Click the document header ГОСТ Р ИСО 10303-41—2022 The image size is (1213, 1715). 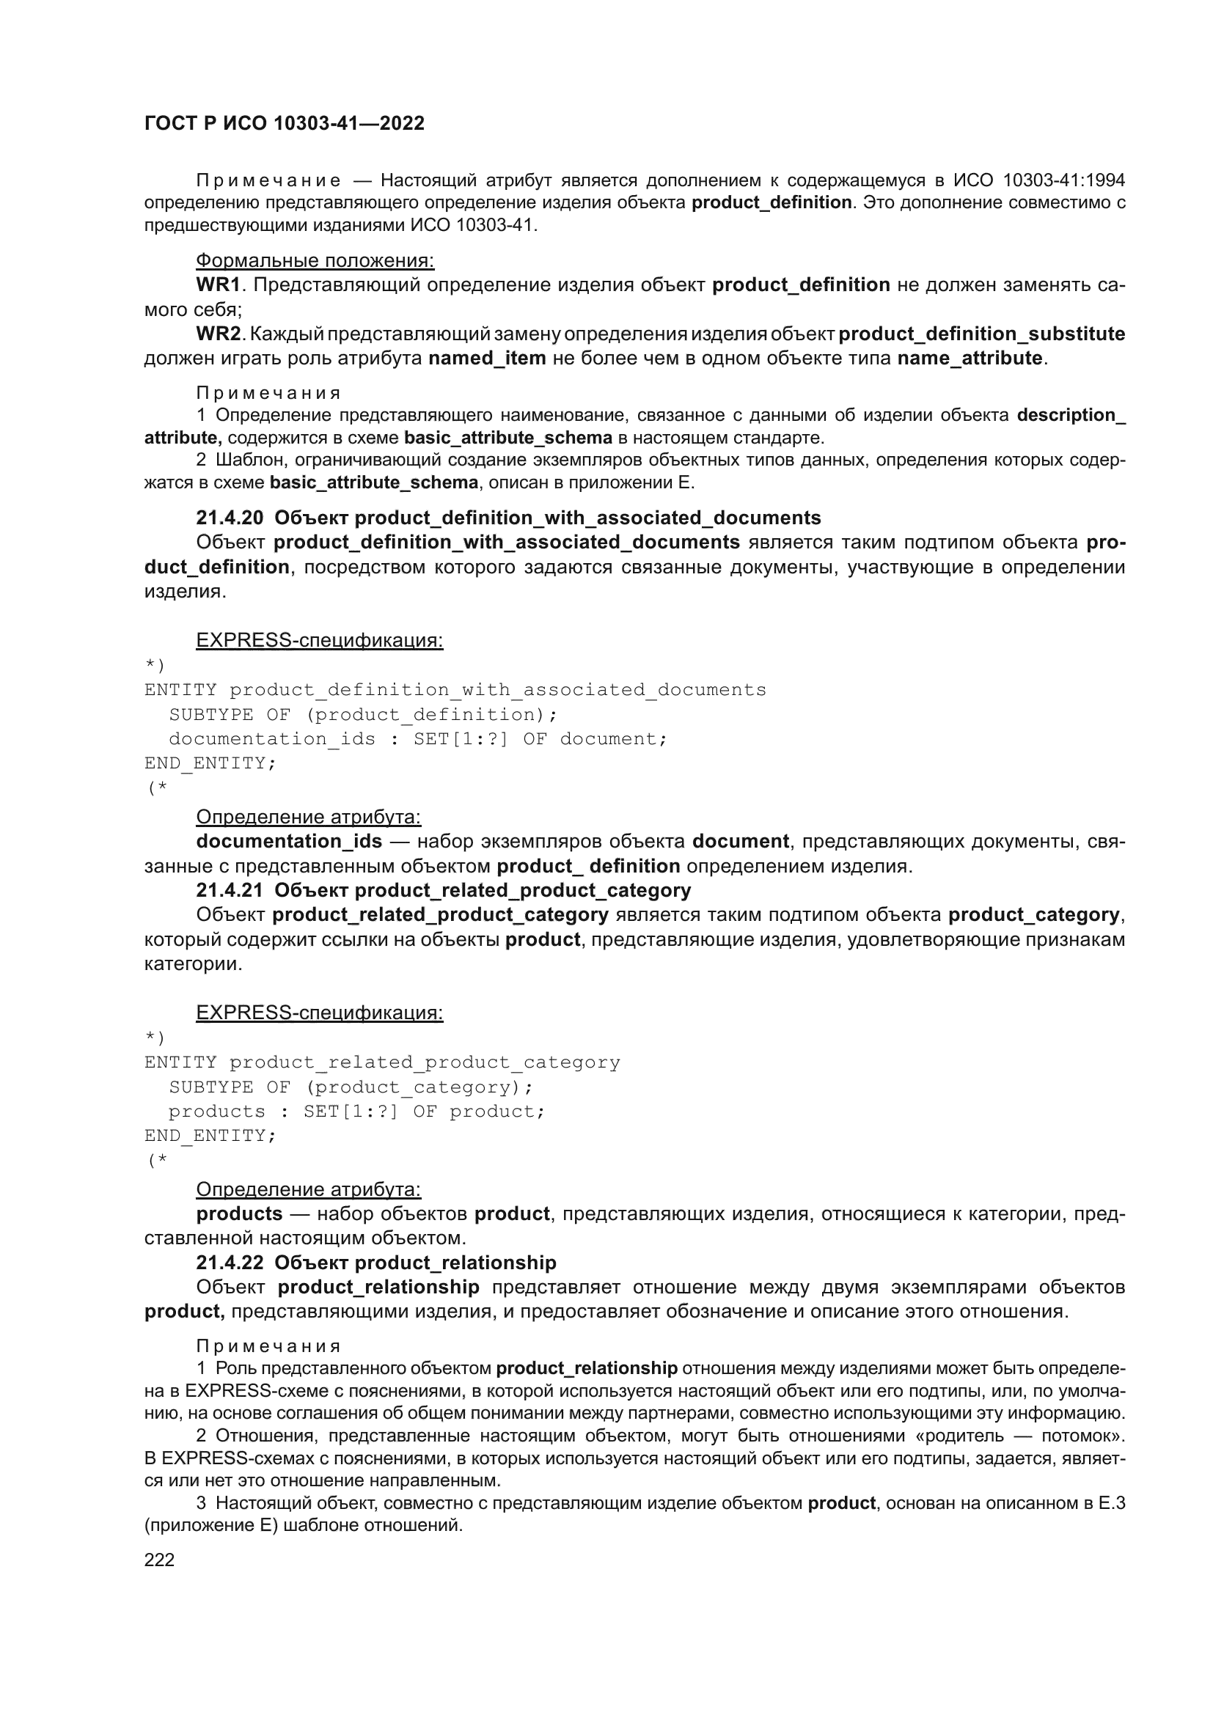pyautogui.click(x=284, y=123)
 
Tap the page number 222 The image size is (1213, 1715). pyautogui.click(x=159, y=1560)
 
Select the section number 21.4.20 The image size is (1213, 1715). pyautogui.click(x=230, y=518)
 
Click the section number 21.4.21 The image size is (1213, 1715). pyautogui.click(x=230, y=890)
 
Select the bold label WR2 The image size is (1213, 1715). pyautogui.click(x=218, y=334)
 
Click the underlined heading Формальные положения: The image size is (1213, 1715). pyautogui.click(x=315, y=261)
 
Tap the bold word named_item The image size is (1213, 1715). pyautogui.click(x=487, y=358)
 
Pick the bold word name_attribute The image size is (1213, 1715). pyautogui.click(x=970, y=358)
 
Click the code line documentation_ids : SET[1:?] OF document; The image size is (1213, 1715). pyautogui.click(x=417, y=739)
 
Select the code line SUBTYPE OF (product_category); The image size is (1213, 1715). pyautogui.click(x=351, y=1087)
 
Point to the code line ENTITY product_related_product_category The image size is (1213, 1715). pyautogui.click(x=381, y=1062)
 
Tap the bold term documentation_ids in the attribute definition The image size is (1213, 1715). pyautogui.click(x=289, y=841)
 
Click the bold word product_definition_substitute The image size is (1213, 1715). pyautogui.click(x=981, y=334)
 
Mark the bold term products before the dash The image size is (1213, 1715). pyautogui.click(x=239, y=1213)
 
